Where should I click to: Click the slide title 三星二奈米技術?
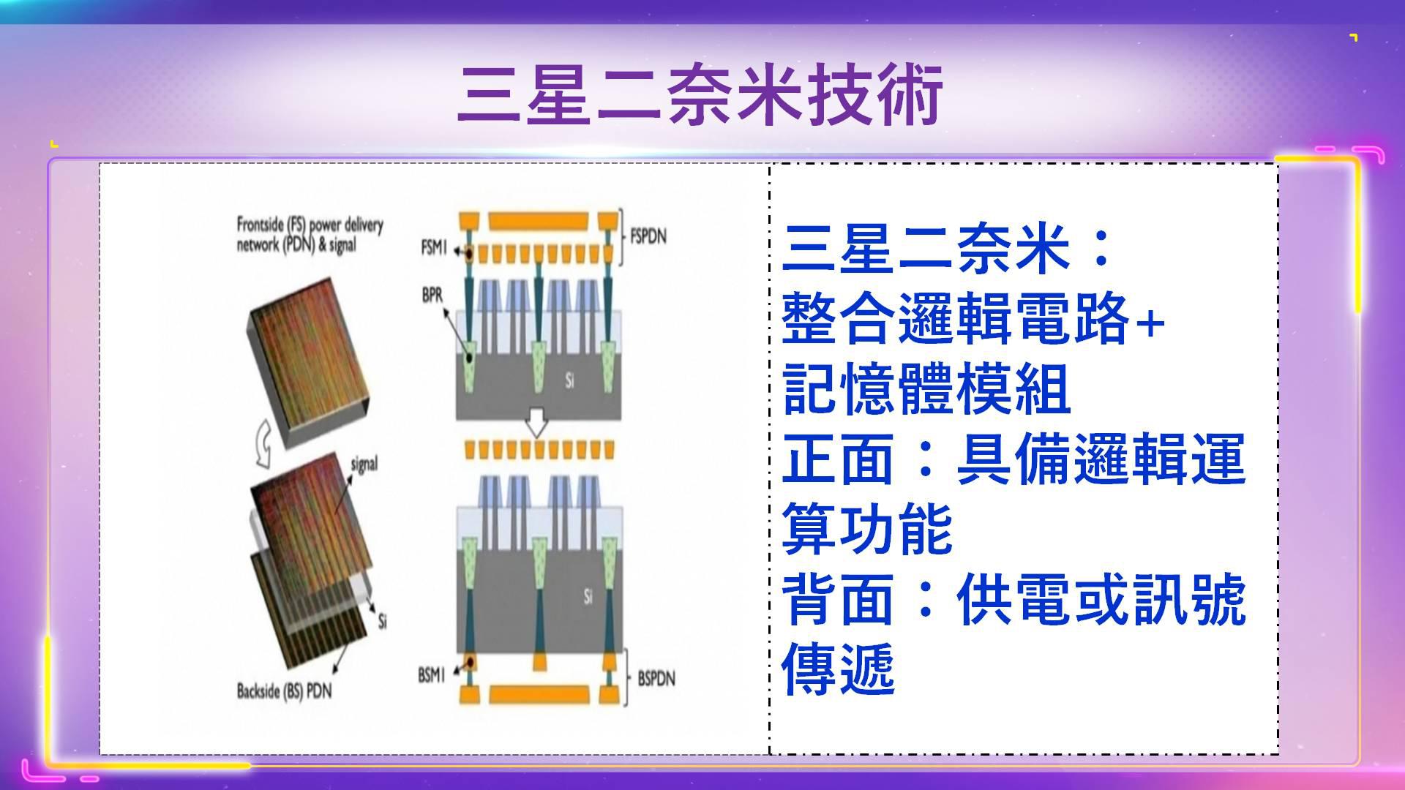(700, 95)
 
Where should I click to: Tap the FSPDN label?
(648, 236)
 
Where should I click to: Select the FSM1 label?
(433, 248)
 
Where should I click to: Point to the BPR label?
(432, 296)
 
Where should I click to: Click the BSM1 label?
(432, 674)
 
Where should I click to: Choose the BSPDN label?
(656, 678)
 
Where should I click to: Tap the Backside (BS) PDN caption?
(284, 690)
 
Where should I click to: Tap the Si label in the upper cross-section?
(570, 380)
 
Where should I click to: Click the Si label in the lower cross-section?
(588, 596)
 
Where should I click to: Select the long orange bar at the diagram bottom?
(539, 694)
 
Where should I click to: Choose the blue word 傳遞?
(839, 669)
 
